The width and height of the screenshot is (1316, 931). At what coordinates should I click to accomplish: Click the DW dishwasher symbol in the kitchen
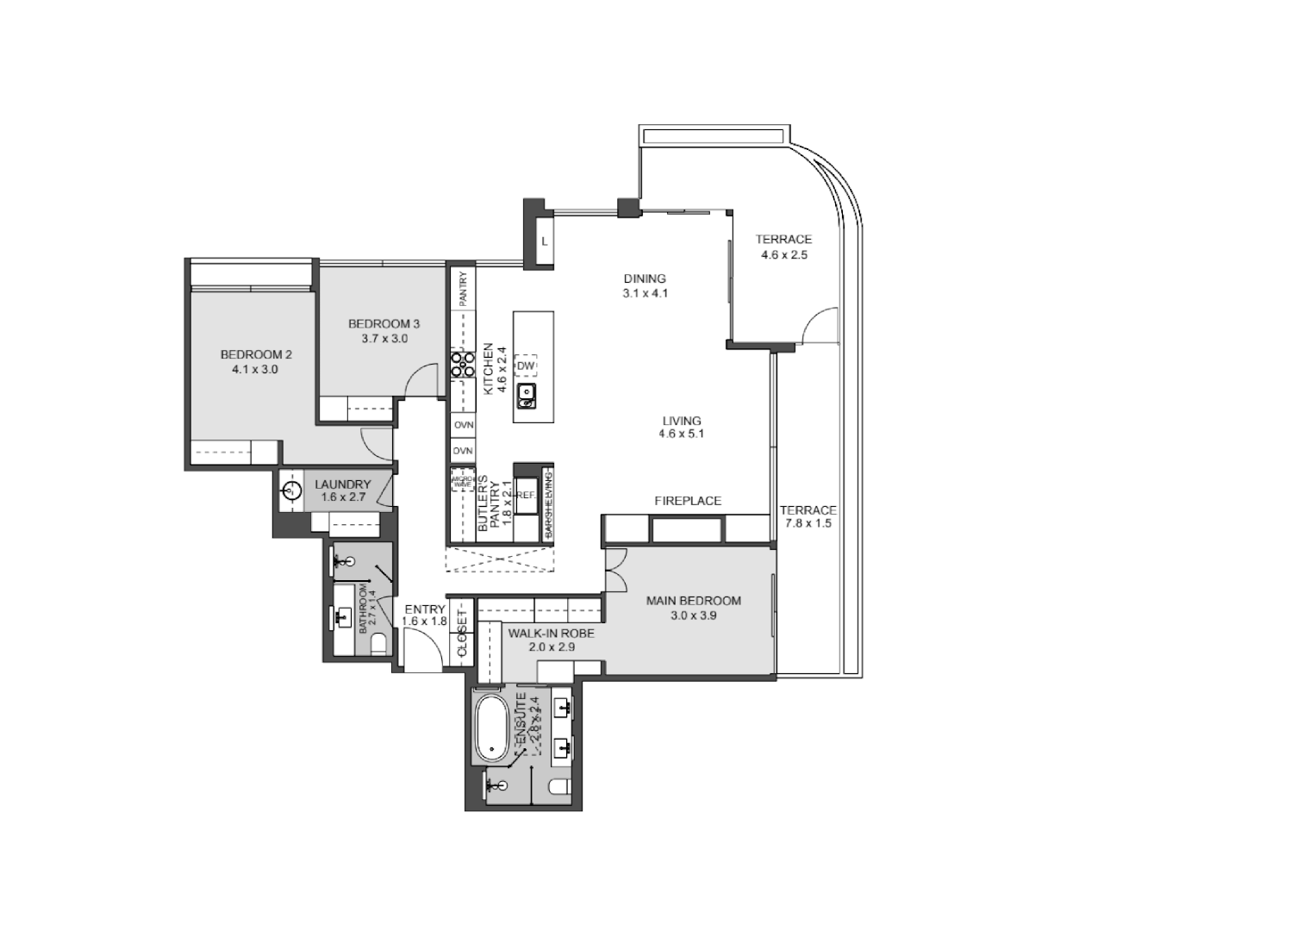click(x=525, y=366)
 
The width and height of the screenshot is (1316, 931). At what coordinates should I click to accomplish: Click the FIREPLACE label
click(x=687, y=501)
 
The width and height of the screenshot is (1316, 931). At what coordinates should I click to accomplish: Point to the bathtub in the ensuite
click(x=493, y=729)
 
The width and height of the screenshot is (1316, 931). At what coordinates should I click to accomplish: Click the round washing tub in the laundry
click(x=290, y=491)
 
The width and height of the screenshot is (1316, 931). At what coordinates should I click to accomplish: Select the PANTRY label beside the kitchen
click(x=463, y=290)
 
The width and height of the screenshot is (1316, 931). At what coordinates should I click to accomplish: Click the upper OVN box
click(x=464, y=426)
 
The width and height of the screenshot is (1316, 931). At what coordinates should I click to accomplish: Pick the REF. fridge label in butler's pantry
click(x=527, y=496)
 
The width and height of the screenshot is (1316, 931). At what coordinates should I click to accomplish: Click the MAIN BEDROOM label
click(x=693, y=601)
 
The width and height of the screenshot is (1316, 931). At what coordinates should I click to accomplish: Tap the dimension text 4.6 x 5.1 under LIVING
click(x=681, y=434)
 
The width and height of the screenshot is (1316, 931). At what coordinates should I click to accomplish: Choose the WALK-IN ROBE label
click(x=551, y=634)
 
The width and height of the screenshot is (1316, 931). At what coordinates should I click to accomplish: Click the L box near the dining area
click(x=545, y=242)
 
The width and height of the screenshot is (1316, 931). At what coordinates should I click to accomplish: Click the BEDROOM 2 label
click(x=256, y=354)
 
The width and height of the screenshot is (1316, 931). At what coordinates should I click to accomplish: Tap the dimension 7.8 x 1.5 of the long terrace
click(x=808, y=523)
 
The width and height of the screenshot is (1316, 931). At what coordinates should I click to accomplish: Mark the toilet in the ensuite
click(x=558, y=787)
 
